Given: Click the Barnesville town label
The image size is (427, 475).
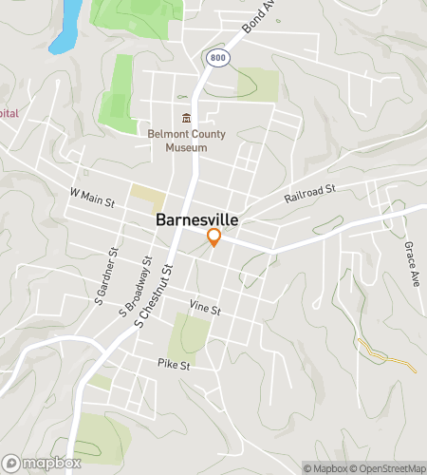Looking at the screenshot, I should click(x=197, y=219).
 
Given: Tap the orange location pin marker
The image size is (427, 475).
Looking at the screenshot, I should click(x=214, y=237).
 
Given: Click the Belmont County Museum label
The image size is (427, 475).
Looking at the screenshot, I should click(x=186, y=141).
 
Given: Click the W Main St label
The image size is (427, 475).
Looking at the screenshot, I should click(x=92, y=198).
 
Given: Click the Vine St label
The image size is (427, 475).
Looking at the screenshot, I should click(x=204, y=309).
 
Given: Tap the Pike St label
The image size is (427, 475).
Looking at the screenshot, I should click(x=175, y=364).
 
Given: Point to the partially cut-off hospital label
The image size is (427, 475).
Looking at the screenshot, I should click(x=9, y=113).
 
